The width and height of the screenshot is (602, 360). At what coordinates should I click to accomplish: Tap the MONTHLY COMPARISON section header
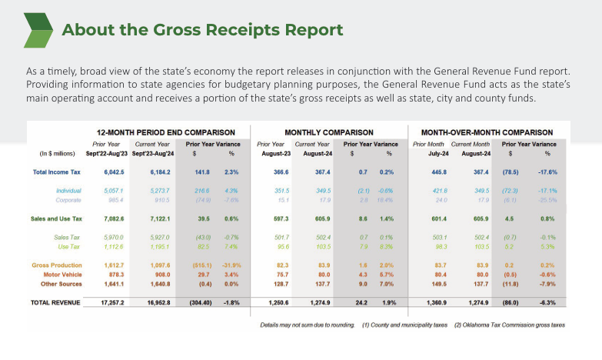click(329, 132)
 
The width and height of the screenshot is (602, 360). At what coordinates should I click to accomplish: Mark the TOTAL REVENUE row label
click(55, 302)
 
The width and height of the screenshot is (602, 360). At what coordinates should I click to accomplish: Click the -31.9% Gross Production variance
click(232, 265)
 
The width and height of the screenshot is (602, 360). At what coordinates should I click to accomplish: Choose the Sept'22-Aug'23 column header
click(107, 152)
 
